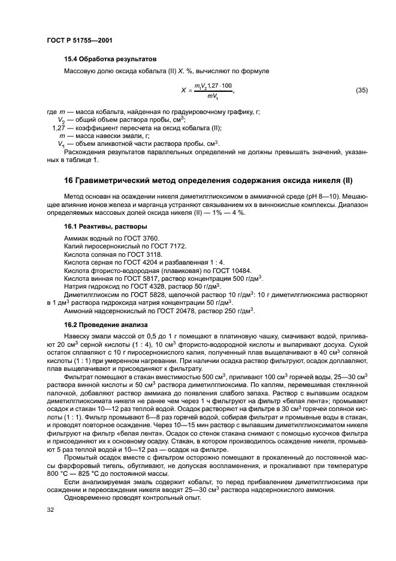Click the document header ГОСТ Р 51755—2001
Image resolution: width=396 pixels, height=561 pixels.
(79, 40)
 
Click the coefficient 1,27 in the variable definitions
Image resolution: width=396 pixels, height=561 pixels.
(58, 128)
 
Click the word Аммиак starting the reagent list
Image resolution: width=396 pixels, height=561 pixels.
(75, 238)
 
